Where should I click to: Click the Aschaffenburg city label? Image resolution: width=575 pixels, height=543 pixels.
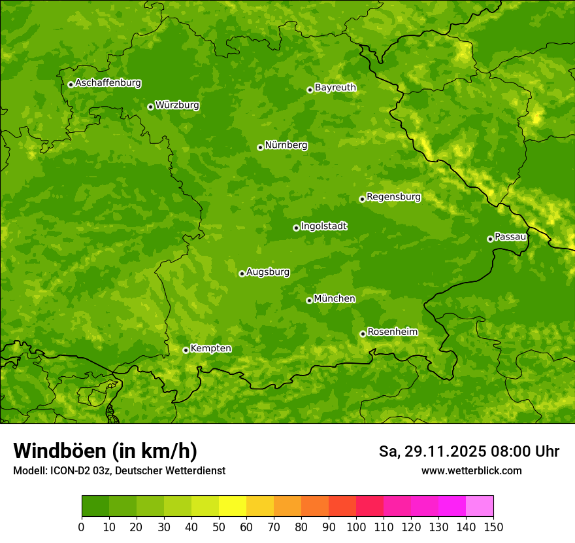108,83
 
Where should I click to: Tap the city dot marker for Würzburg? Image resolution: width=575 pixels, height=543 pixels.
150,107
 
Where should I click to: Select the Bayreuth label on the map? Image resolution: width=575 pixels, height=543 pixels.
335,88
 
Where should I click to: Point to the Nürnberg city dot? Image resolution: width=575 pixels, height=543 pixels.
260,147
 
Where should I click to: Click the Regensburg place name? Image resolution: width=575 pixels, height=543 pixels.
393,197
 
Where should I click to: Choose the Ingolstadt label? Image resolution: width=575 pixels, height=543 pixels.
323,226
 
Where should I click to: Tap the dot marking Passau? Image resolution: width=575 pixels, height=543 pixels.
490,239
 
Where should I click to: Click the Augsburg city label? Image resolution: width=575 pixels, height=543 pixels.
268,272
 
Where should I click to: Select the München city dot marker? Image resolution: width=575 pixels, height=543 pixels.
309,300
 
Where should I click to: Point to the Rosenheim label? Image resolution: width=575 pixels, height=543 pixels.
392,332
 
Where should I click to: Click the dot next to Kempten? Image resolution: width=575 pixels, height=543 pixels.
186,350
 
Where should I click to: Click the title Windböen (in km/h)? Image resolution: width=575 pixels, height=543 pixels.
105,451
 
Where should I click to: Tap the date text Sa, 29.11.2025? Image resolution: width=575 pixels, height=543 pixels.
431,451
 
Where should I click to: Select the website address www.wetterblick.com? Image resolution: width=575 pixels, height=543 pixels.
471,470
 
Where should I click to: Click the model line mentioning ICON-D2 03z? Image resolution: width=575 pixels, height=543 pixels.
119,470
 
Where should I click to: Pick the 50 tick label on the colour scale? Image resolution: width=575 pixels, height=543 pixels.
219,527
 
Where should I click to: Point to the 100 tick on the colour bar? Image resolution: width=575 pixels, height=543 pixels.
356,527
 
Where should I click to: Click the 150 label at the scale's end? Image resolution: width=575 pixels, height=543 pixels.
493,527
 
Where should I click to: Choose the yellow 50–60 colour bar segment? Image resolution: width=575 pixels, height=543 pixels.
233,506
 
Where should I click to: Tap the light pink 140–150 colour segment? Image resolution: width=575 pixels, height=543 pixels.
480,506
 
